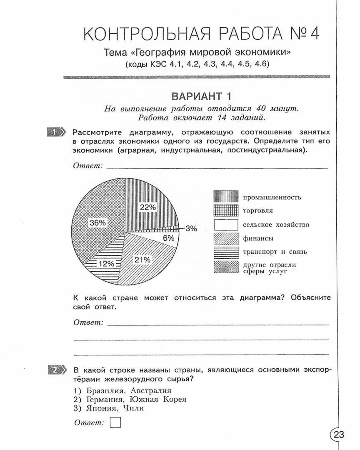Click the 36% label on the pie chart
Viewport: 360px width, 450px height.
tap(97, 223)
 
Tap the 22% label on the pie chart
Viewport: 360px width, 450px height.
tap(148, 207)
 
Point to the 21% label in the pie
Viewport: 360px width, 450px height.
tap(142, 260)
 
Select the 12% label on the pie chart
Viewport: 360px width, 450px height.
tap(106, 263)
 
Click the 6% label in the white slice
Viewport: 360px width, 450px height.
tap(168, 238)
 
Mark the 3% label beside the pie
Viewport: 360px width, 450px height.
tap(191, 228)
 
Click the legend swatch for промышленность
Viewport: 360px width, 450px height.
tap(226, 197)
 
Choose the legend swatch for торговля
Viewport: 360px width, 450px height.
tap(226, 210)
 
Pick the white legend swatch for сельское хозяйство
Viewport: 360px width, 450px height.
tap(226, 225)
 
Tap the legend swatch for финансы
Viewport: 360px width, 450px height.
tap(226, 238)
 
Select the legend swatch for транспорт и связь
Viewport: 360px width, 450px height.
tap(226, 252)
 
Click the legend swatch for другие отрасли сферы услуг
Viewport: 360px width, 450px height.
tap(226, 267)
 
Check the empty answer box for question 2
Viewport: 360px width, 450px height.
tap(115, 422)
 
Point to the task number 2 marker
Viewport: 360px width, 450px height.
tap(57, 370)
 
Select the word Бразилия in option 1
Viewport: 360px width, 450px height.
tap(106, 391)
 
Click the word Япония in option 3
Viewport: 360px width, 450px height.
tap(100, 408)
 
